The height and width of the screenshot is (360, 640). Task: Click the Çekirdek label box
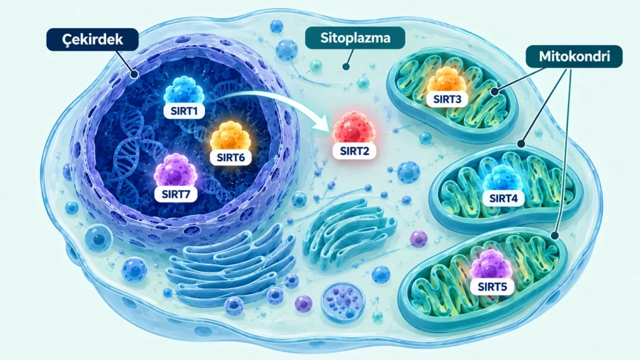[x=92, y=39]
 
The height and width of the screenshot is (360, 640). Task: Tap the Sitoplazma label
[x=355, y=38]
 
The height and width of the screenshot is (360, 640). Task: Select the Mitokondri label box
[x=574, y=56]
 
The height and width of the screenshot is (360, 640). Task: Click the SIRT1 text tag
[x=184, y=111]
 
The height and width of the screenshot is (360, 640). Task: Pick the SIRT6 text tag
[x=231, y=157]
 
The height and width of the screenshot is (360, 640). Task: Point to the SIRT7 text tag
[x=176, y=194]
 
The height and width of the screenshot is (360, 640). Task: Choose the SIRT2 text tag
[x=354, y=151]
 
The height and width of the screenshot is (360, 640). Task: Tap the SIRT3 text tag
[x=447, y=99]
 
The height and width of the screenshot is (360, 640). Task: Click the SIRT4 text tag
[x=503, y=198]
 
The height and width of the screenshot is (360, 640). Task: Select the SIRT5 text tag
[x=492, y=286]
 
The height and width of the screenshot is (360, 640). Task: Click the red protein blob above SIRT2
[x=354, y=128]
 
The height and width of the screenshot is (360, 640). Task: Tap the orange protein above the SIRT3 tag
[x=447, y=80]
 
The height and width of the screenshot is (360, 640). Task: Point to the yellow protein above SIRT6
[x=230, y=136]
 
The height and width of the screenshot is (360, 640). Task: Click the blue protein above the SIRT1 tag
[x=184, y=90]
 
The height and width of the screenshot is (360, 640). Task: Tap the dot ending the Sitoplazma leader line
[x=346, y=66]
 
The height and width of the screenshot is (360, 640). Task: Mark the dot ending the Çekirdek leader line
[x=134, y=74]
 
